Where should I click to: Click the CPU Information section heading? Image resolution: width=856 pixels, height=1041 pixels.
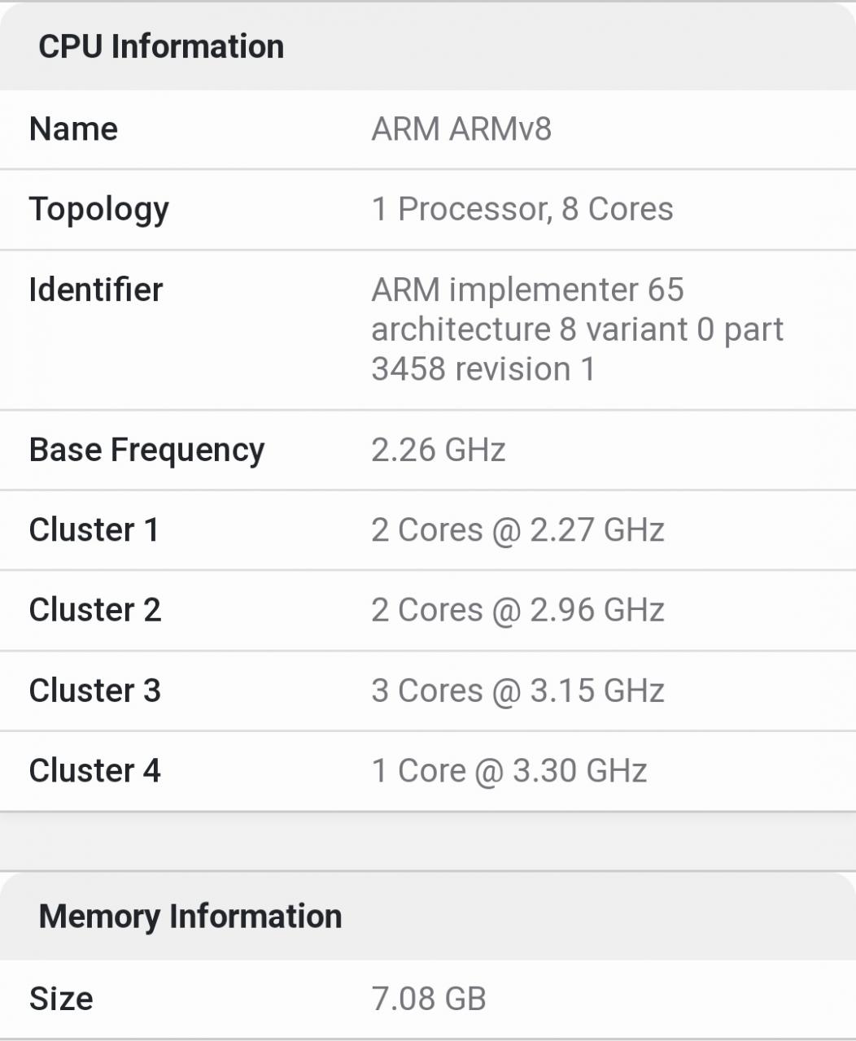(161, 46)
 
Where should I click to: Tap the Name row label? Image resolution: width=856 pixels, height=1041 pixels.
(73, 129)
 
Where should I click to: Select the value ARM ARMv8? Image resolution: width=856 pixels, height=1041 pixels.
(461, 129)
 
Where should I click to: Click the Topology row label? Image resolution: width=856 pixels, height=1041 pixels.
(98, 210)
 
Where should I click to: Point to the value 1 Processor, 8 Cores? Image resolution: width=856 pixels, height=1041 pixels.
(522, 210)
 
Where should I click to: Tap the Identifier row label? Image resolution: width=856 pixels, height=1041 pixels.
(96, 290)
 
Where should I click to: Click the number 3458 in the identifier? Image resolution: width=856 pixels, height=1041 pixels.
(408, 369)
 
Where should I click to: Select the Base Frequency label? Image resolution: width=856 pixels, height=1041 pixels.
(146, 451)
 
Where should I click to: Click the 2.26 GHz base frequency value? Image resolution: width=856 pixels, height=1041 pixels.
(439, 451)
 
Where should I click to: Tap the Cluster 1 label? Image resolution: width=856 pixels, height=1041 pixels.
(94, 530)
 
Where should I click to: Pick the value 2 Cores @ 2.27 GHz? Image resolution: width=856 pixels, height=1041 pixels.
(518, 530)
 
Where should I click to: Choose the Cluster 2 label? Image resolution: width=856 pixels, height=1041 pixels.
(94, 610)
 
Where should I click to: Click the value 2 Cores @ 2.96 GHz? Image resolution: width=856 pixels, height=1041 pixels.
(518, 610)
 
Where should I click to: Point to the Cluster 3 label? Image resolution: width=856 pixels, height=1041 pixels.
(94, 690)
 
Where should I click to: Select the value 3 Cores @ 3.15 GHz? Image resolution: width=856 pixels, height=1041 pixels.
(518, 690)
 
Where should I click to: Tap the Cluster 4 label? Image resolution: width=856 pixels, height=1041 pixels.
(94, 770)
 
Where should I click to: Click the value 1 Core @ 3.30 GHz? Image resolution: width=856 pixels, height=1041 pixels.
(509, 770)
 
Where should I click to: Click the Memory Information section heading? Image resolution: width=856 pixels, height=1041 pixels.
(190, 917)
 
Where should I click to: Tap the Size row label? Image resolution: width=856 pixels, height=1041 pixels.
(61, 999)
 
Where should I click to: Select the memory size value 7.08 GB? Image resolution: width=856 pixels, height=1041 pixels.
(429, 999)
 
